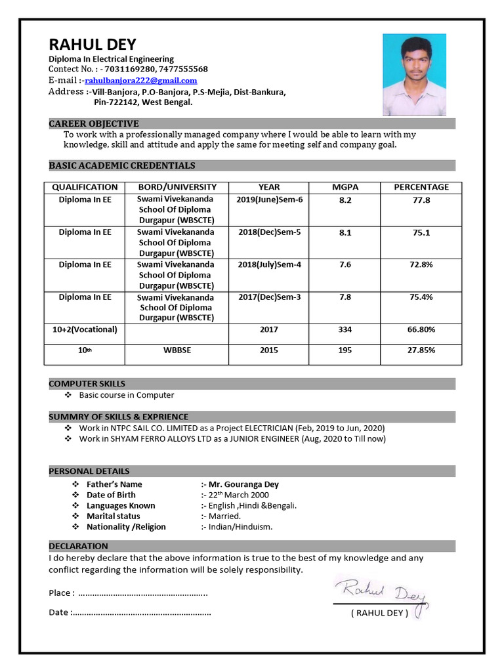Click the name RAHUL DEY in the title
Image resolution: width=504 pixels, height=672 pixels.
coord(93,45)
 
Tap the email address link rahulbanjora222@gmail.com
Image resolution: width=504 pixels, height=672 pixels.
coord(141,80)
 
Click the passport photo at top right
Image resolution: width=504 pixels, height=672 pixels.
coord(414,75)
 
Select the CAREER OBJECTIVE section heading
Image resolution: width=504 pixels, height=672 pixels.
coord(94,123)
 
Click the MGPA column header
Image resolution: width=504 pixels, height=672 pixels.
coord(345,187)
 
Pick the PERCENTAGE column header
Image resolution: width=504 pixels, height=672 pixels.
coord(421,187)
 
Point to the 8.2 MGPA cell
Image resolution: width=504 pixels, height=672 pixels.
coord(345,200)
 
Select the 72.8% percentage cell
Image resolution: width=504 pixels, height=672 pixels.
coord(421,264)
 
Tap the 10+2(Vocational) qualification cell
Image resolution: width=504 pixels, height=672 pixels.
coord(85,329)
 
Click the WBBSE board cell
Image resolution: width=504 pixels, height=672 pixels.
coord(177,350)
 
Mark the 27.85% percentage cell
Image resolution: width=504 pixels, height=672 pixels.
coord(421,350)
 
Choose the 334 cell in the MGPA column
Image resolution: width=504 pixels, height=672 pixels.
coord(345,329)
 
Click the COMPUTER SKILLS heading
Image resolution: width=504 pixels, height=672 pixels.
coord(87,383)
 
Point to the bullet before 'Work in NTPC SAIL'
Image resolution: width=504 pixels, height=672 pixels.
coord(68,428)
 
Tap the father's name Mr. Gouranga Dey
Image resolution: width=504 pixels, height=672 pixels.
coord(243,484)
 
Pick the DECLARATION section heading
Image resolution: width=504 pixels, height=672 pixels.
coord(79,546)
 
